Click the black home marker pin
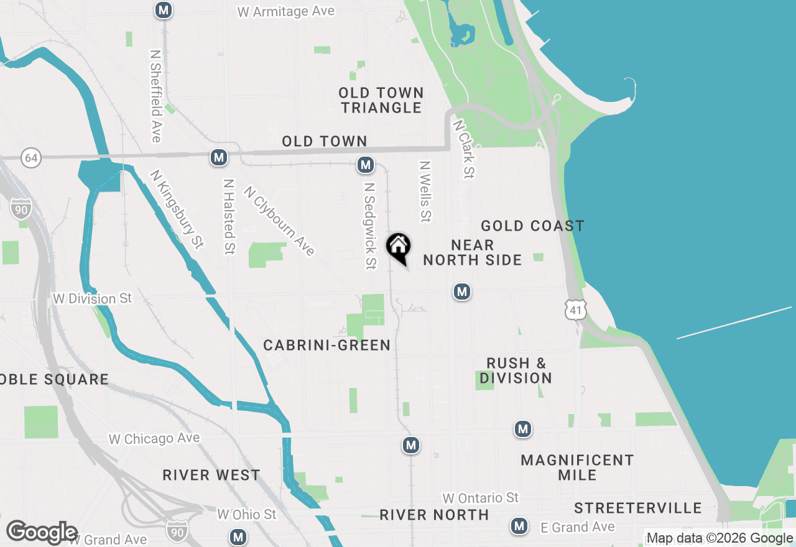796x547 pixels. [x=398, y=247]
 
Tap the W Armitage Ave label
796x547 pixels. [x=286, y=11]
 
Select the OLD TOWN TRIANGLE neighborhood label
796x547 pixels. [x=381, y=100]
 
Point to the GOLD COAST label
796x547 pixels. [x=532, y=226]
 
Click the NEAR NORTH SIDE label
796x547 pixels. [x=473, y=252]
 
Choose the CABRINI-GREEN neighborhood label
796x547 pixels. [x=326, y=345]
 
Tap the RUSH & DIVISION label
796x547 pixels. [x=516, y=370]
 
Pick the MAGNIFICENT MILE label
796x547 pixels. [x=577, y=467]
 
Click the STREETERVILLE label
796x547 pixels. [x=637, y=508]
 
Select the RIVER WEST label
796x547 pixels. [x=211, y=476]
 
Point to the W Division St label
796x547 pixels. [x=93, y=299]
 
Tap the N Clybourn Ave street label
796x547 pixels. [x=279, y=221]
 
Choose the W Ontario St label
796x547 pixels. [x=480, y=498]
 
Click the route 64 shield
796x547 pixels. [x=31, y=158]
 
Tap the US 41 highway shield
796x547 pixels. [x=576, y=309]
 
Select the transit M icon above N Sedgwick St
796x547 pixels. [x=366, y=165]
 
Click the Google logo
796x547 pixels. [x=42, y=532]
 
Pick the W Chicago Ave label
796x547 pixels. [x=154, y=439]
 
